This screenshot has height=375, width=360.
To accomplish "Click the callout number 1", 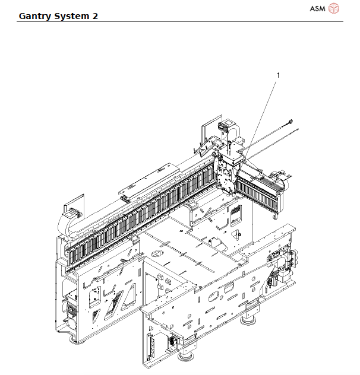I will click(277, 75).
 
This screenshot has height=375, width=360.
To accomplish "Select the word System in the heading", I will click(73, 15).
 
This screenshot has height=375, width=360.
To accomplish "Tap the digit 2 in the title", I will click(95, 15).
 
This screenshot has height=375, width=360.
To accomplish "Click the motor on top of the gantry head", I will click(225, 128).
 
